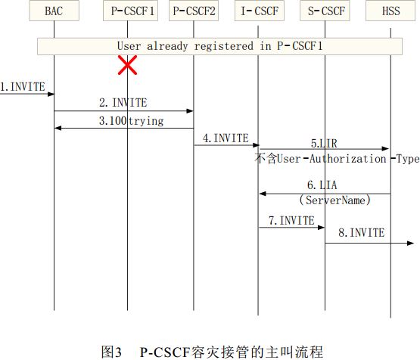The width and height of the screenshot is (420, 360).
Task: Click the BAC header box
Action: tap(54, 11)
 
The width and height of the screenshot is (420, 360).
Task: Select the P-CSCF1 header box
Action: tap(130, 11)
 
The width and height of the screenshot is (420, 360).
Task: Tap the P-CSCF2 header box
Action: tap(194, 11)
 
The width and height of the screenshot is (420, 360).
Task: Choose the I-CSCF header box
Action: tap(260, 11)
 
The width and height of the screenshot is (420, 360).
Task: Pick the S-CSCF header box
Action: tap(325, 11)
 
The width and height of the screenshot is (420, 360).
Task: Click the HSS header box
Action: tap(390, 11)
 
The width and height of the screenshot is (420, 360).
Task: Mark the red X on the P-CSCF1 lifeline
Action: tap(127, 65)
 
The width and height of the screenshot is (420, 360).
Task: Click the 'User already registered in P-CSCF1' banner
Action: tap(219, 46)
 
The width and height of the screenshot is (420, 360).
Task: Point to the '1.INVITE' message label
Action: tap(23, 87)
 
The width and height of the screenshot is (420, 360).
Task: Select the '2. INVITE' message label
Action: tap(123, 103)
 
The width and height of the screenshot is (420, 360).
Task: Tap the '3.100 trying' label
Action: tap(131, 121)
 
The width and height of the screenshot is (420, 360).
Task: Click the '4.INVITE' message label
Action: tap(226, 138)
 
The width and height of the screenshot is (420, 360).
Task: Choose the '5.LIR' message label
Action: tap(324, 144)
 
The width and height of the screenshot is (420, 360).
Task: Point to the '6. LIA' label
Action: tap(322, 185)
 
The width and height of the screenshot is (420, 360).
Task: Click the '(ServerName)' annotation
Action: tap(334, 200)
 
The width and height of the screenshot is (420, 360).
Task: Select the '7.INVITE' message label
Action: tap(291, 221)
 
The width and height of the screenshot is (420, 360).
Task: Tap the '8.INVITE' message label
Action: tap(361, 233)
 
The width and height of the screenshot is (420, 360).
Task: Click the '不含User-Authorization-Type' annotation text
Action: tap(337, 159)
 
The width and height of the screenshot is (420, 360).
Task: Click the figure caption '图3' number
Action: tap(111, 352)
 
